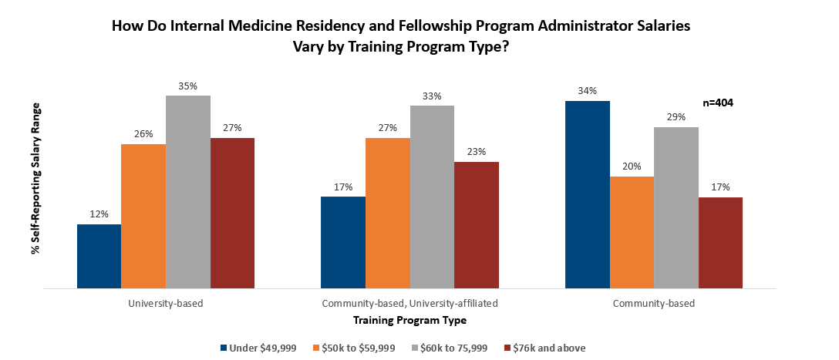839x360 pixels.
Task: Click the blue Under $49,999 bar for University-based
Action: pyautogui.click(x=99, y=256)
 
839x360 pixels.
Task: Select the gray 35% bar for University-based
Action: pyautogui.click(x=188, y=192)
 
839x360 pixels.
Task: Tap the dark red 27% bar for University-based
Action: pyautogui.click(x=232, y=214)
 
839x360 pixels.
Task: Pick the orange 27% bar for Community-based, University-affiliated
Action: pyautogui.click(x=388, y=214)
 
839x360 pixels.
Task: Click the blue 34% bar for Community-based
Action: pyautogui.click(x=588, y=194)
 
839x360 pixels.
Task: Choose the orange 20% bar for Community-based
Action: pyautogui.click(x=632, y=232)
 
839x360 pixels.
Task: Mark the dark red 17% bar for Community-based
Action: pyautogui.click(x=720, y=243)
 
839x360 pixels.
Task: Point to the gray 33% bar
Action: pyautogui.click(x=432, y=197)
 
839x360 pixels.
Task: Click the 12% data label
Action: pyautogui.click(x=99, y=214)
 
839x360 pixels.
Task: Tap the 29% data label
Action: pyautogui.click(x=676, y=116)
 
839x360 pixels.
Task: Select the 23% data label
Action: pyautogui.click(x=477, y=152)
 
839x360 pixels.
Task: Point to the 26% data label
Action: pyautogui.click(x=143, y=133)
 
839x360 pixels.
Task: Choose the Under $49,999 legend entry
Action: pyautogui.click(x=258, y=348)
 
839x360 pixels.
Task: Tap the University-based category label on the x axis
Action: pyautogui.click(x=166, y=303)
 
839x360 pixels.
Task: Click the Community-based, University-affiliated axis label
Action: pyautogui.click(x=410, y=303)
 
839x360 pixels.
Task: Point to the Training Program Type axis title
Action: pyautogui.click(x=409, y=319)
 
